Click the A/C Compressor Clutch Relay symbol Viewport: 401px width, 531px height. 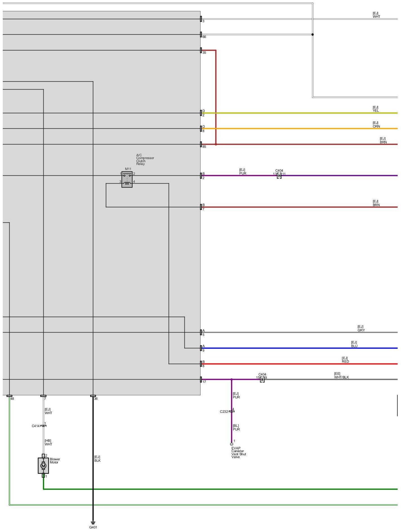click(127, 179)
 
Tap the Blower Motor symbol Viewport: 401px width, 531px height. click(43, 466)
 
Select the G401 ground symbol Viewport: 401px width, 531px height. click(93, 523)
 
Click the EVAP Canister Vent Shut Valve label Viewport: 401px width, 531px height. click(239, 452)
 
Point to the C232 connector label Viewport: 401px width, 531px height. click(224, 412)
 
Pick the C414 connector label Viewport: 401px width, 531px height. click(36, 426)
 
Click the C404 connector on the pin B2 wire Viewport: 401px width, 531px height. click(279, 176)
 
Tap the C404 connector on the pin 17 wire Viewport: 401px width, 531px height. click(262, 380)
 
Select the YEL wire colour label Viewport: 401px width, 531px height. click(376, 111)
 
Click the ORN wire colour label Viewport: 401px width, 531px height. click(376, 126)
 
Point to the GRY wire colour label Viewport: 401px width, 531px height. click(361, 330)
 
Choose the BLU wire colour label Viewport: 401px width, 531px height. click(354, 346)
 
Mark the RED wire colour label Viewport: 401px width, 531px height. click(345, 362)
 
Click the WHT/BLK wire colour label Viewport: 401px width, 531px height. click(341, 377)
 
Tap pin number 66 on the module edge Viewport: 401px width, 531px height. click(204, 37)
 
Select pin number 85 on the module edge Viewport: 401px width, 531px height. click(204, 147)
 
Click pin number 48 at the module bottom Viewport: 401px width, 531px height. click(12, 399)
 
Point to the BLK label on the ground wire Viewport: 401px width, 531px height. click(97, 461)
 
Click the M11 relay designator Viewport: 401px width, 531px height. click(128, 169)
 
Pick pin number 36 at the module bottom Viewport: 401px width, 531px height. click(96, 399)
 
